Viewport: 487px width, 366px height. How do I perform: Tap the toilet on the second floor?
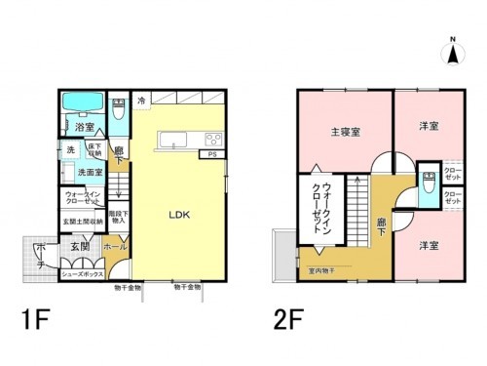click(427, 185)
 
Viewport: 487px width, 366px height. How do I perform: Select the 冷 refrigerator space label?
click(142, 100)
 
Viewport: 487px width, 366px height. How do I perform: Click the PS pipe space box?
click(212, 154)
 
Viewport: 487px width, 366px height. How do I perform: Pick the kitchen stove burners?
click(212, 139)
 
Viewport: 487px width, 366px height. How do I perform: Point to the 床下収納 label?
click(95, 148)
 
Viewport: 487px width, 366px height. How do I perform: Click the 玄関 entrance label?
click(80, 248)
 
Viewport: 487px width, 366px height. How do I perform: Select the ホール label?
click(115, 248)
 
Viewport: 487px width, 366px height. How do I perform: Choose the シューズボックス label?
click(82, 275)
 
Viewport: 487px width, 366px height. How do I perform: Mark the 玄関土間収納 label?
click(83, 222)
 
